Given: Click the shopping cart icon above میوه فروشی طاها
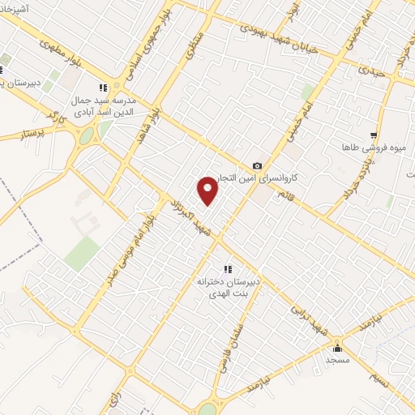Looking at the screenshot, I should coord(373,135).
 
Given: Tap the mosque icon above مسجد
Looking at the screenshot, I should coord(338,349).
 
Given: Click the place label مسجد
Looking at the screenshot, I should coord(337,359).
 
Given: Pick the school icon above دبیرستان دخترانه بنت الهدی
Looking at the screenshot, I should coord(227,269).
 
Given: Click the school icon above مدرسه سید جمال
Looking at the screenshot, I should coord(102,88).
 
